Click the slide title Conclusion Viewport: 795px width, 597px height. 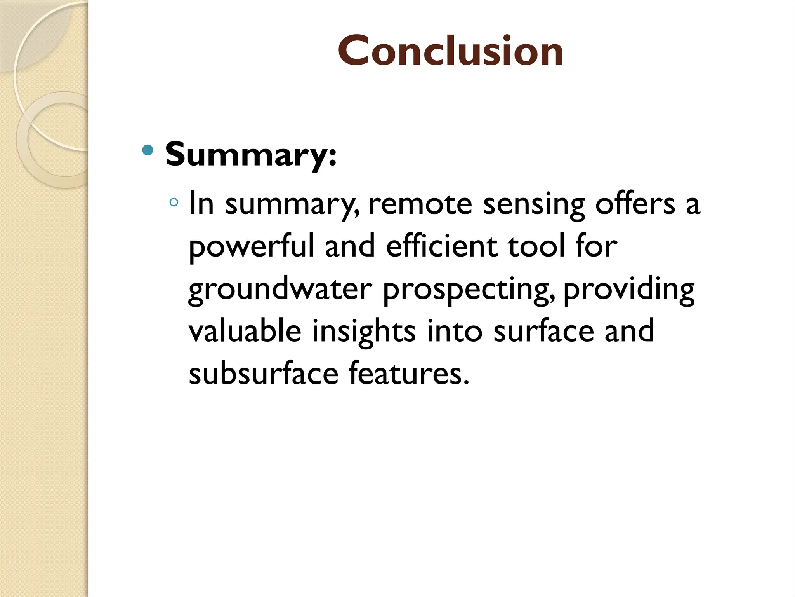click(x=450, y=51)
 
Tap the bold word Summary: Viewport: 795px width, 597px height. click(x=251, y=154)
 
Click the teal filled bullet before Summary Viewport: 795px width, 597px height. click(x=148, y=150)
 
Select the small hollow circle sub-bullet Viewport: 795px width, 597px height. click(x=174, y=202)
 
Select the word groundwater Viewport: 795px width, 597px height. click(x=280, y=290)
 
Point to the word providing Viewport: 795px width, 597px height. click(x=628, y=290)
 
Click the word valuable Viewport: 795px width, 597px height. click(x=245, y=331)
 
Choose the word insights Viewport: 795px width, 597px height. click(x=364, y=332)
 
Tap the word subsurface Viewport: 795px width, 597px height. click(x=264, y=374)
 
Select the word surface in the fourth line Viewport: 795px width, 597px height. click(x=543, y=331)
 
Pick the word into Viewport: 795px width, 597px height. click(x=455, y=331)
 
